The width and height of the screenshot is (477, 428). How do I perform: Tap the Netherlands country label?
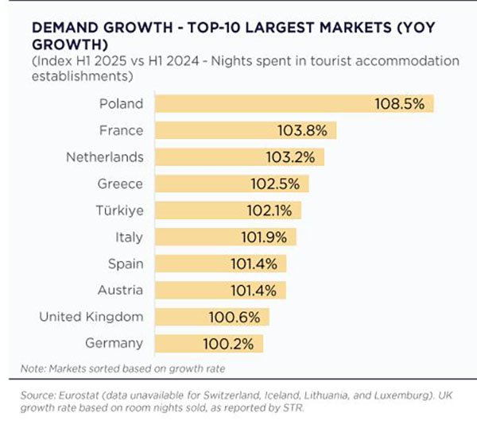tap(105, 156)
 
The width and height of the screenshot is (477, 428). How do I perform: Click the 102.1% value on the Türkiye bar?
tap(270, 210)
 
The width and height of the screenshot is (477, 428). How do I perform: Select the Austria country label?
tap(120, 290)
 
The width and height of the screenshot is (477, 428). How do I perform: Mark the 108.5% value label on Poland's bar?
tap(403, 103)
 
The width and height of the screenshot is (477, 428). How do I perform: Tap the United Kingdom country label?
tap(91, 317)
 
